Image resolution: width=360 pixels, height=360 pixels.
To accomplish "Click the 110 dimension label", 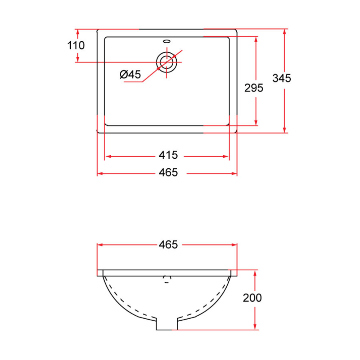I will [76, 46].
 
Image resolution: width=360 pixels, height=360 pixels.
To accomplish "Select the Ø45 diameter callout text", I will [130, 74].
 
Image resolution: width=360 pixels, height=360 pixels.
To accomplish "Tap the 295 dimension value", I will [254, 88].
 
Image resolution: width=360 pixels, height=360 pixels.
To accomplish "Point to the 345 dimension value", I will [282, 78].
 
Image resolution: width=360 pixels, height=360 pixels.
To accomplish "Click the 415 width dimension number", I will [168, 155].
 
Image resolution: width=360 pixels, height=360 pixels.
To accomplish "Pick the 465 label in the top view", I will [168, 172].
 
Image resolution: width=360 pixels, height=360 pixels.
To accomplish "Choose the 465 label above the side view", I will [168, 244].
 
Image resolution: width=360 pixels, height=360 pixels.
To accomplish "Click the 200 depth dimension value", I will [252, 298].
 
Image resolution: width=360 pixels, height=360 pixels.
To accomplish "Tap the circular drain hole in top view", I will [166, 62].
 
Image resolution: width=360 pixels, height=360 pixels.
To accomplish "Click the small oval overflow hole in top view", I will [167, 40].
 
